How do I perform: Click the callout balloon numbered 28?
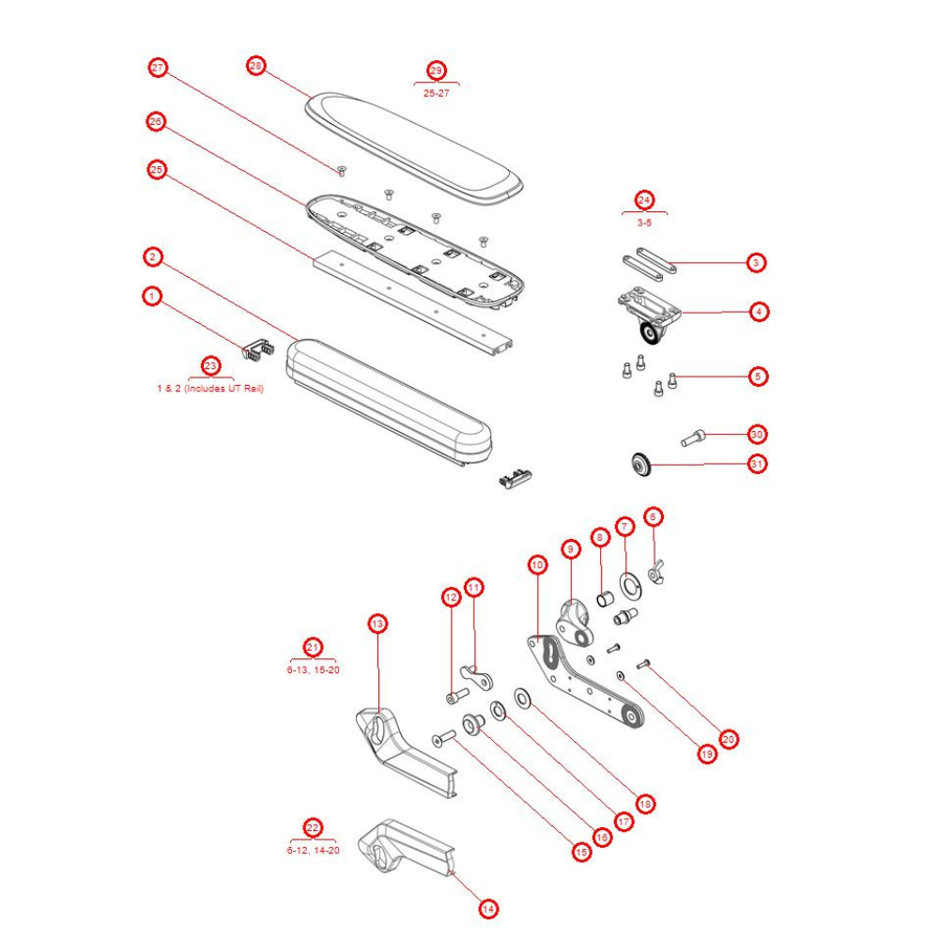256,66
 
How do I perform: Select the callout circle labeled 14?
487,908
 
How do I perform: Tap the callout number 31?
757,464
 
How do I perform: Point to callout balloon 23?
210,366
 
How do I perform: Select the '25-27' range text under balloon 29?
437,93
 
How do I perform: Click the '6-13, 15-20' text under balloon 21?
313,671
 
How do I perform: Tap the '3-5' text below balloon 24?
644,223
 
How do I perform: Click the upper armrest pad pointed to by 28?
413,146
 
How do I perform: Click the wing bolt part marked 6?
656,573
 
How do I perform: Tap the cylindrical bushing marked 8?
607,596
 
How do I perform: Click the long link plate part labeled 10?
582,681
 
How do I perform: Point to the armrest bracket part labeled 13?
404,751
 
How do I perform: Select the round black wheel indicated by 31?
640,463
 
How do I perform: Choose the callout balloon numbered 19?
706,753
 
